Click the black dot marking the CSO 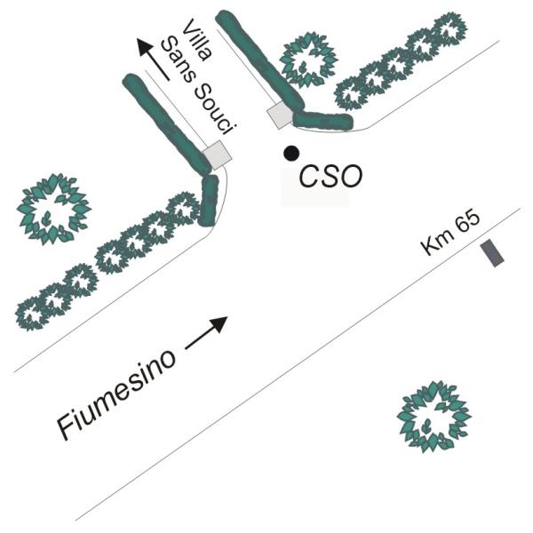[291, 154]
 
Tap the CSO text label [330, 176]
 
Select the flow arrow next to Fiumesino [206, 333]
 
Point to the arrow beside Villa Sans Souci [153, 60]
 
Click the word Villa [197, 40]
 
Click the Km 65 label [450, 234]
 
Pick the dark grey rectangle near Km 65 [492, 253]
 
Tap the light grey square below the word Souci [218, 155]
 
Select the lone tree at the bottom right [434, 416]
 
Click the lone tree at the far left [54, 209]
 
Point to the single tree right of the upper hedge [308, 60]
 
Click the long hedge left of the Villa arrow [168, 123]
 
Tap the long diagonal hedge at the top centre [260, 60]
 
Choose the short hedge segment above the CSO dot [322, 120]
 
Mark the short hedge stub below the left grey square [208, 200]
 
